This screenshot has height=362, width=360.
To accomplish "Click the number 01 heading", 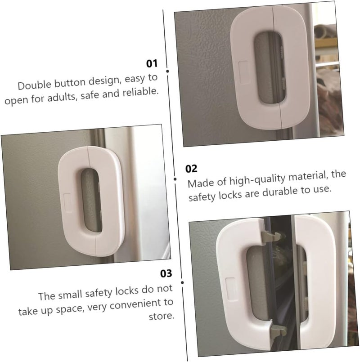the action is click(x=152, y=63).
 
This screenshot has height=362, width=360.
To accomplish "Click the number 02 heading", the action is click(x=191, y=169).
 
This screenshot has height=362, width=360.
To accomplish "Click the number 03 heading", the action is click(x=166, y=273).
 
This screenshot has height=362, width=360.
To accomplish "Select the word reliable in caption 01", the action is click(x=140, y=92).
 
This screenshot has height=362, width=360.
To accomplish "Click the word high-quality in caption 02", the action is click(x=257, y=179).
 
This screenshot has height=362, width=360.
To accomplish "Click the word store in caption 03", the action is click(x=161, y=316).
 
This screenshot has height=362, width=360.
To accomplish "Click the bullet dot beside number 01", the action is click(x=167, y=71).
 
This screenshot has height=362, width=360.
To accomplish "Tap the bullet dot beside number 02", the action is click(x=175, y=179).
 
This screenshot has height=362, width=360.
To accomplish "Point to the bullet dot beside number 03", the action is click(x=182, y=282).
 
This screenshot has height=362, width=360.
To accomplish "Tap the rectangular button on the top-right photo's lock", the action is click(x=244, y=72).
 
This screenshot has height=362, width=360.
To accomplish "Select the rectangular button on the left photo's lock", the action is click(x=67, y=202).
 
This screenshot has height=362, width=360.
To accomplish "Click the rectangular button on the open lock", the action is click(x=232, y=289).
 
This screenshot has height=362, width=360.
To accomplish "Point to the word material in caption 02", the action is click(x=308, y=176).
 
